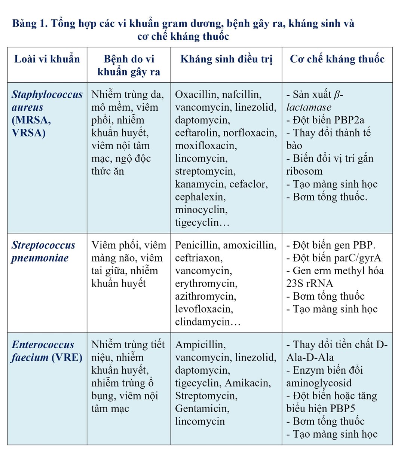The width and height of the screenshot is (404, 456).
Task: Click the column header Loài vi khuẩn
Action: pos(47,59)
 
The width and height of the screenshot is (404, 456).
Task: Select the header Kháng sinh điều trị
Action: pos(226,59)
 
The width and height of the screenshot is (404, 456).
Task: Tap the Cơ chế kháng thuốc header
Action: pos(337,59)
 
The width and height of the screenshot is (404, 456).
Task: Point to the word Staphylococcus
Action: pos(47,94)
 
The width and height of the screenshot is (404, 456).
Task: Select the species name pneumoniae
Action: pos(40,258)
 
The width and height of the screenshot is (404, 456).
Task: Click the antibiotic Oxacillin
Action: pos(197,94)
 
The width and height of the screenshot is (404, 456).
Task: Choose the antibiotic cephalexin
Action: pos(200,197)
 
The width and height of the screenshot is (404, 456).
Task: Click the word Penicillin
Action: pos(197,245)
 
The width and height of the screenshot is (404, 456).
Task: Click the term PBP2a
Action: pos(348,120)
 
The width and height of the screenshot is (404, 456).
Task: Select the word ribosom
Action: pos(304,171)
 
